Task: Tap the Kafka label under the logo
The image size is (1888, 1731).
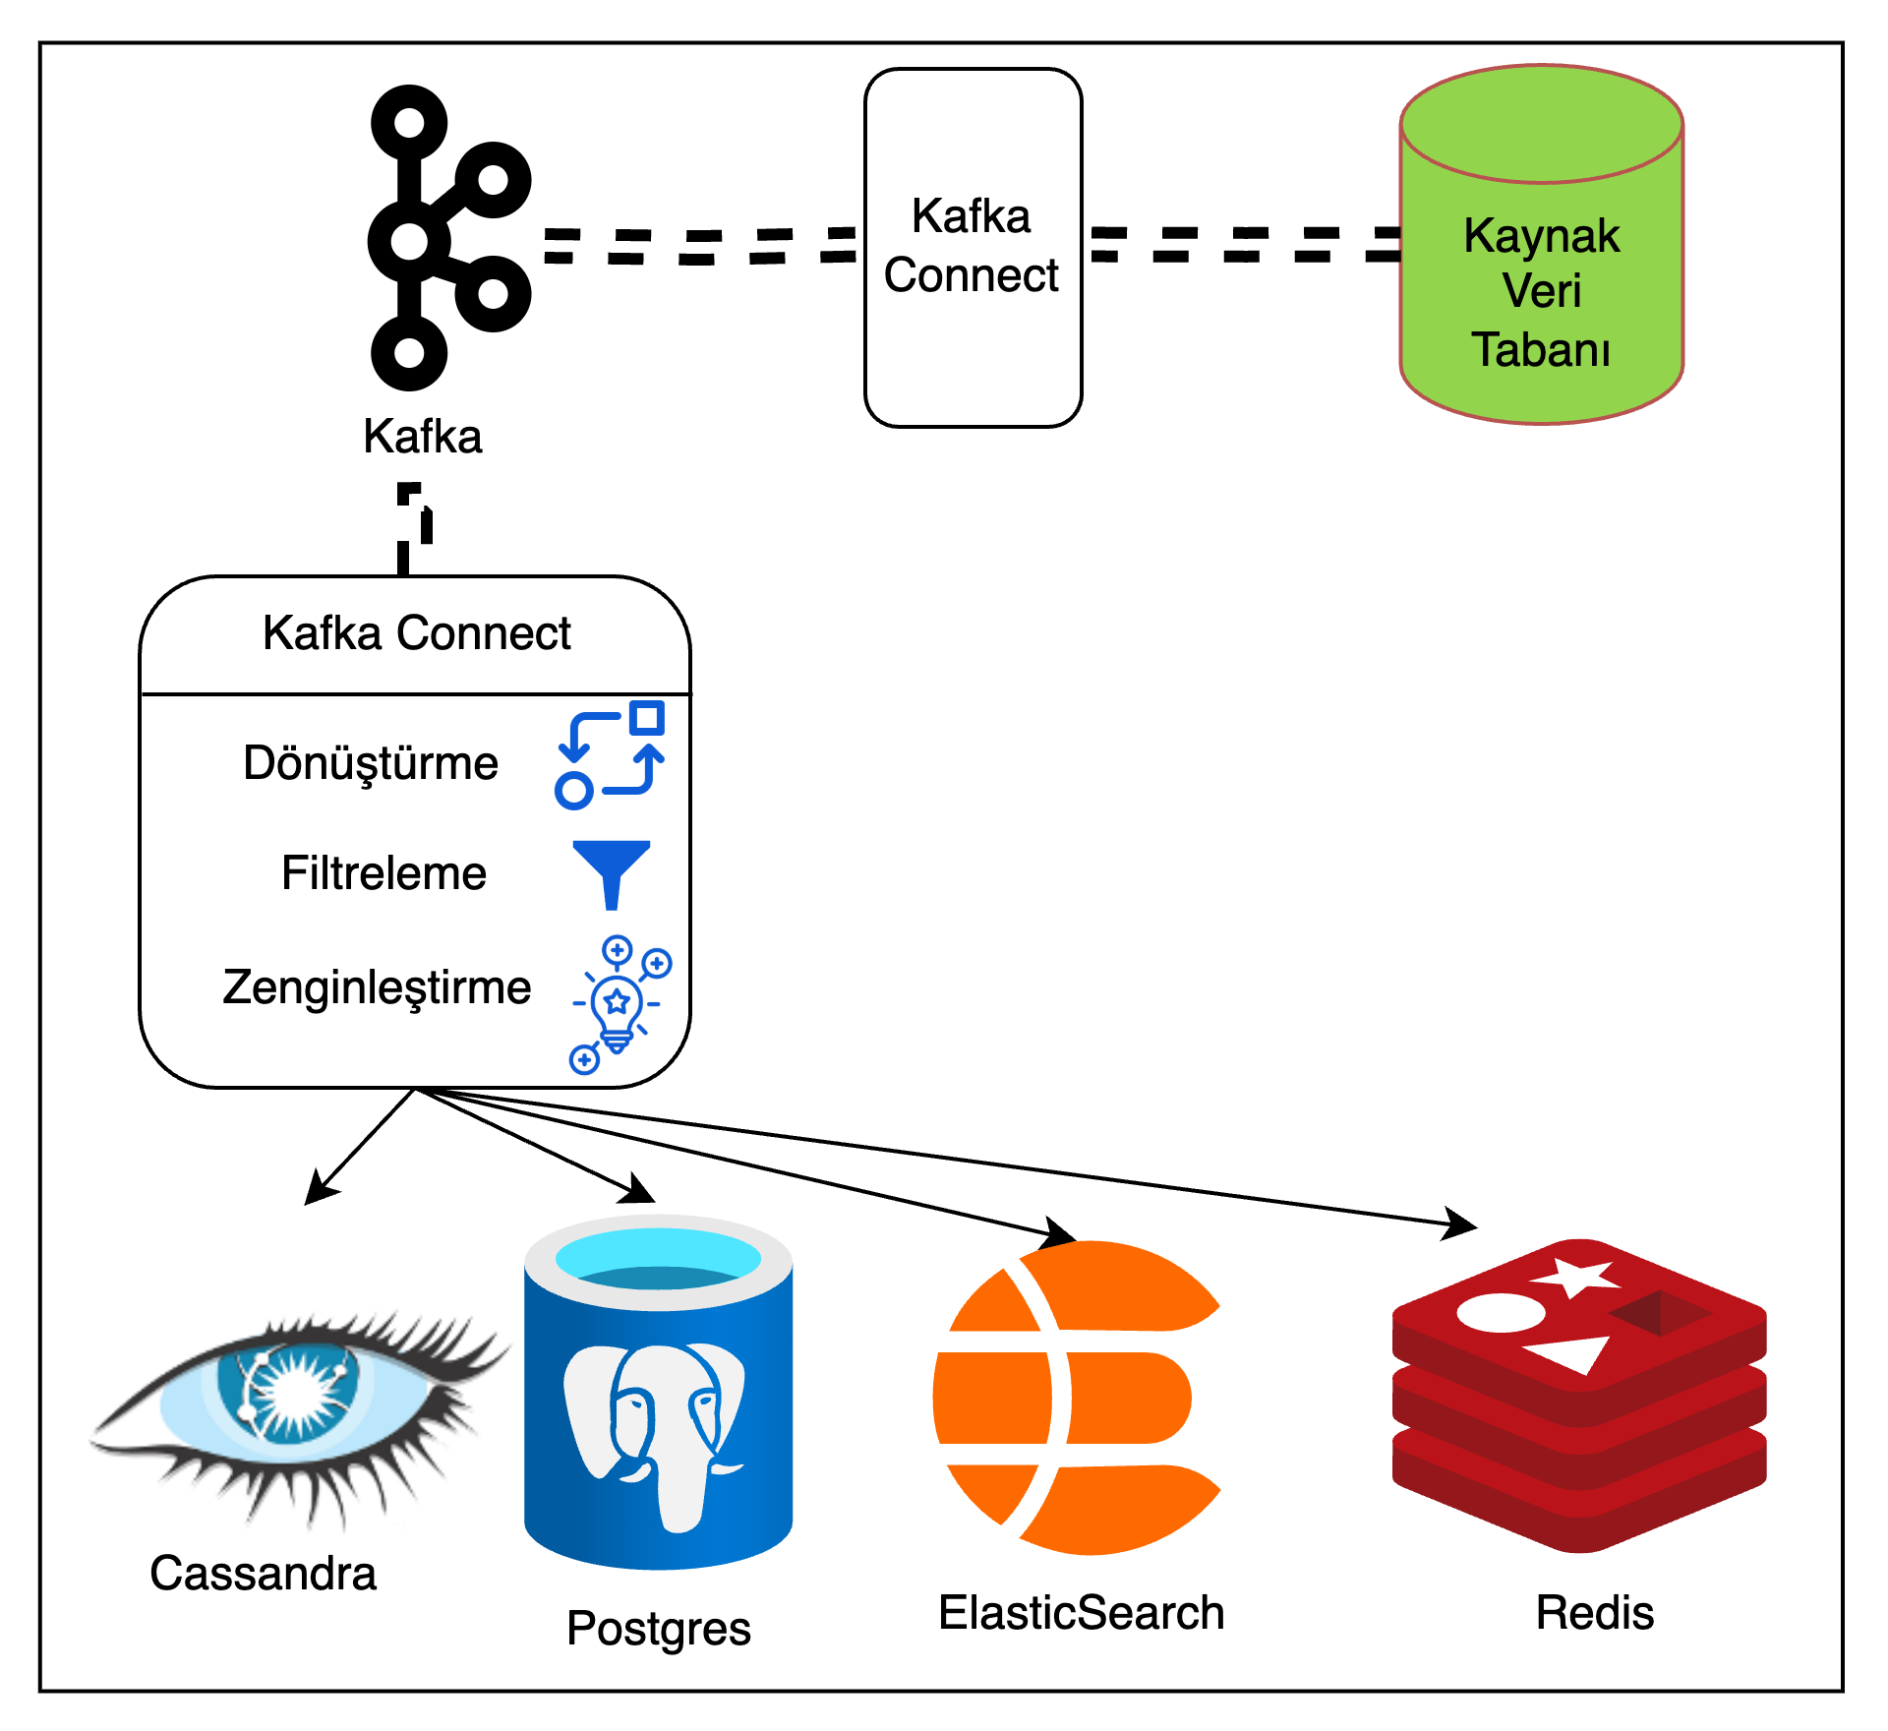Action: tap(423, 437)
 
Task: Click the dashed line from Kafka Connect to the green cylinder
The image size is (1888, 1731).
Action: tap(1245, 244)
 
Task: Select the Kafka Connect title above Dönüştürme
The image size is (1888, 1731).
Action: tap(416, 633)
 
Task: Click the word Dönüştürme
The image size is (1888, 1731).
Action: tap(371, 763)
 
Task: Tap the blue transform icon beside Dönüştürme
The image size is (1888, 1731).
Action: tap(611, 755)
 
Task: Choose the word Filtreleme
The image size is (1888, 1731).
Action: tap(383, 873)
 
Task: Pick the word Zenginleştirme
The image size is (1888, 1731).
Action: tap(377, 987)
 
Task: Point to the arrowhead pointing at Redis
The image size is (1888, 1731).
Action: tap(1461, 1224)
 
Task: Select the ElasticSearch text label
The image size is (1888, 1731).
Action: tap(1082, 1613)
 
